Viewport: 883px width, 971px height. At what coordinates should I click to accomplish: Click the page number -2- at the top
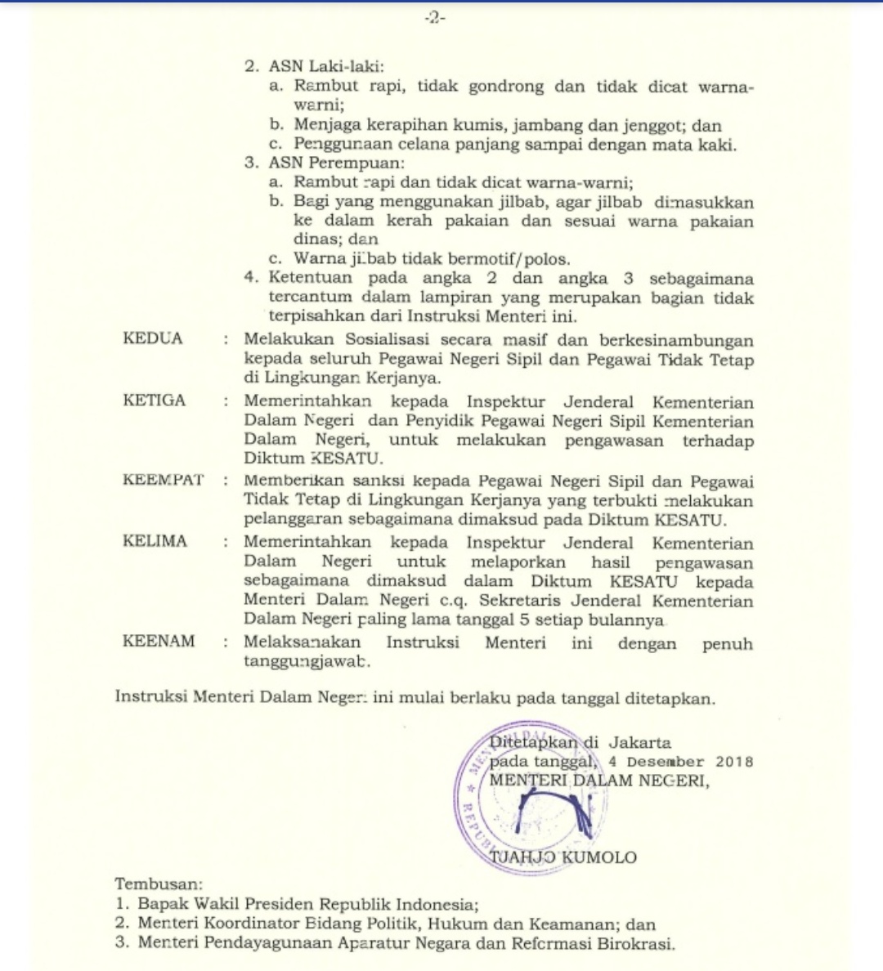[x=435, y=18]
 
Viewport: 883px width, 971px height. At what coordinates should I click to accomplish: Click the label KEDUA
[x=153, y=338]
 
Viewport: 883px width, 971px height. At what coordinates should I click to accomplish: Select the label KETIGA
[x=155, y=400]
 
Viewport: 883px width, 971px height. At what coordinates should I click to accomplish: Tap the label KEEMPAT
[x=164, y=480]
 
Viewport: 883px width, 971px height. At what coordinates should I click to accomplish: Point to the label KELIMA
[x=155, y=541]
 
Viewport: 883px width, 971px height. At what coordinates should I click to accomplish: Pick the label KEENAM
[x=159, y=642]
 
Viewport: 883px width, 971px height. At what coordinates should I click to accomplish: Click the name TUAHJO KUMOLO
[x=563, y=857]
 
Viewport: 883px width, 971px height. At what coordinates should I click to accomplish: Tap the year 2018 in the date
[x=734, y=762]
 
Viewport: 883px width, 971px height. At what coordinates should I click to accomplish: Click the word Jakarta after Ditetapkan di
[x=639, y=743]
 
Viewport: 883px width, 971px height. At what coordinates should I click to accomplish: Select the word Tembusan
[x=159, y=884]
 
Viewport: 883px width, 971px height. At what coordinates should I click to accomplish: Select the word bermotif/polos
[x=518, y=259]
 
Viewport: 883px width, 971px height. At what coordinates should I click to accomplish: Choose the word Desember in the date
[x=666, y=762]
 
